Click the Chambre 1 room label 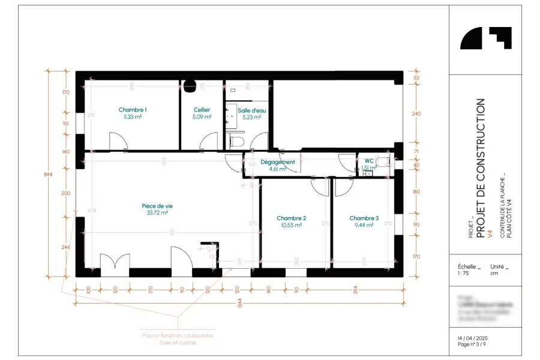133,110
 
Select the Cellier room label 202,110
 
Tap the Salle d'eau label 251,110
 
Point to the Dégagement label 277,162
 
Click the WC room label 368,161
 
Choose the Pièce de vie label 157,205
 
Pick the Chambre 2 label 292,218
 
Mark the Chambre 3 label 364,218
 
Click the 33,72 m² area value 157,212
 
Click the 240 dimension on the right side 417,113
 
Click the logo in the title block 485,38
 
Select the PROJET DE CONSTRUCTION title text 480,168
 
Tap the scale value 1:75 463,272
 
